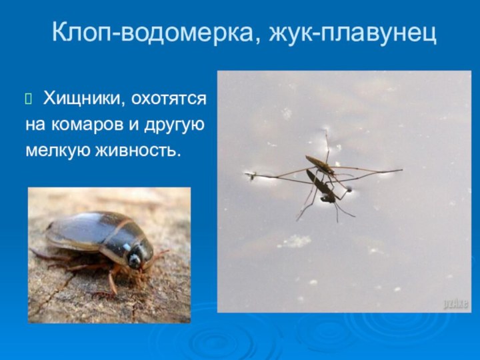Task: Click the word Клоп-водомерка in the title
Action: click(151, 31)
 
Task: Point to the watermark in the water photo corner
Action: click(456, 303)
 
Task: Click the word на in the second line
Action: click(35, 126)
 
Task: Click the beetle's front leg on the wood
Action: click(113, 283)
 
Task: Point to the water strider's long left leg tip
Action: click(249, 176)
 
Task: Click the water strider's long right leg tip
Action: click(401, 170)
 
